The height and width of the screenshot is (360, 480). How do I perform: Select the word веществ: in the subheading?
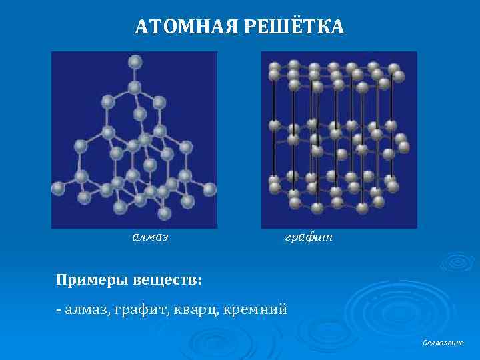click(x=165, y=277)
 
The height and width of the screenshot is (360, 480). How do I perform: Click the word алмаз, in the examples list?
click(x=88, y=310)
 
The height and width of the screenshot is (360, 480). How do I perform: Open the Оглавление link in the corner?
click(x=443, y=343)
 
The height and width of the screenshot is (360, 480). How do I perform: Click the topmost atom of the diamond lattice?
click(x=135, y=62)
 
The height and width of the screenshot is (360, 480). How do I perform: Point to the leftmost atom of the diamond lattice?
click(x=58, y=188)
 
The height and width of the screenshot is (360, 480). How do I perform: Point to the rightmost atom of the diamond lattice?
click(x=209, y=189)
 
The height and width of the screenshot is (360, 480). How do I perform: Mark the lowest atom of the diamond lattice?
click(x=164, y=214)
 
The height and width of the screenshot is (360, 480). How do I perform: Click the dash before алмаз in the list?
click(x=59, y=310)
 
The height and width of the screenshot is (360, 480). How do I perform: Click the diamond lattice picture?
click(x=134, y=139)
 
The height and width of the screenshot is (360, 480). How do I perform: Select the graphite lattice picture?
click(x=339, y=139)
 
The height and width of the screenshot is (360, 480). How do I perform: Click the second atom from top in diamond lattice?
click(x=135, y=87)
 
